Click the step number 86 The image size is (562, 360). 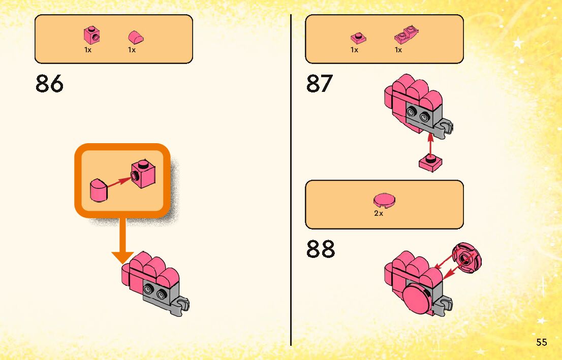(x=50, y=84)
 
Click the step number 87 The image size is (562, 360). (x=320, y=84)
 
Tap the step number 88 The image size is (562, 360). (x=321, y=249)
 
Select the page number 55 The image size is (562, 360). (x=541, y=342)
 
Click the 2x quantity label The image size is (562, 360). (x=379, y=214)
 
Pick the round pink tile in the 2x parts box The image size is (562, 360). (x=384, y=201)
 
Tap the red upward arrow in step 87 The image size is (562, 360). (x=431, y=145)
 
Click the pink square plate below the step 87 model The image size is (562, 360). (x=431, y=163)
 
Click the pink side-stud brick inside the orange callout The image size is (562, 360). (x=143, y=175)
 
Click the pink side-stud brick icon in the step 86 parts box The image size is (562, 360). (x=91, y=35)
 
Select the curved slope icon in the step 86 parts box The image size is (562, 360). (x=136, y=37)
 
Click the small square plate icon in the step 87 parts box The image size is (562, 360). (x=358, y=38)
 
